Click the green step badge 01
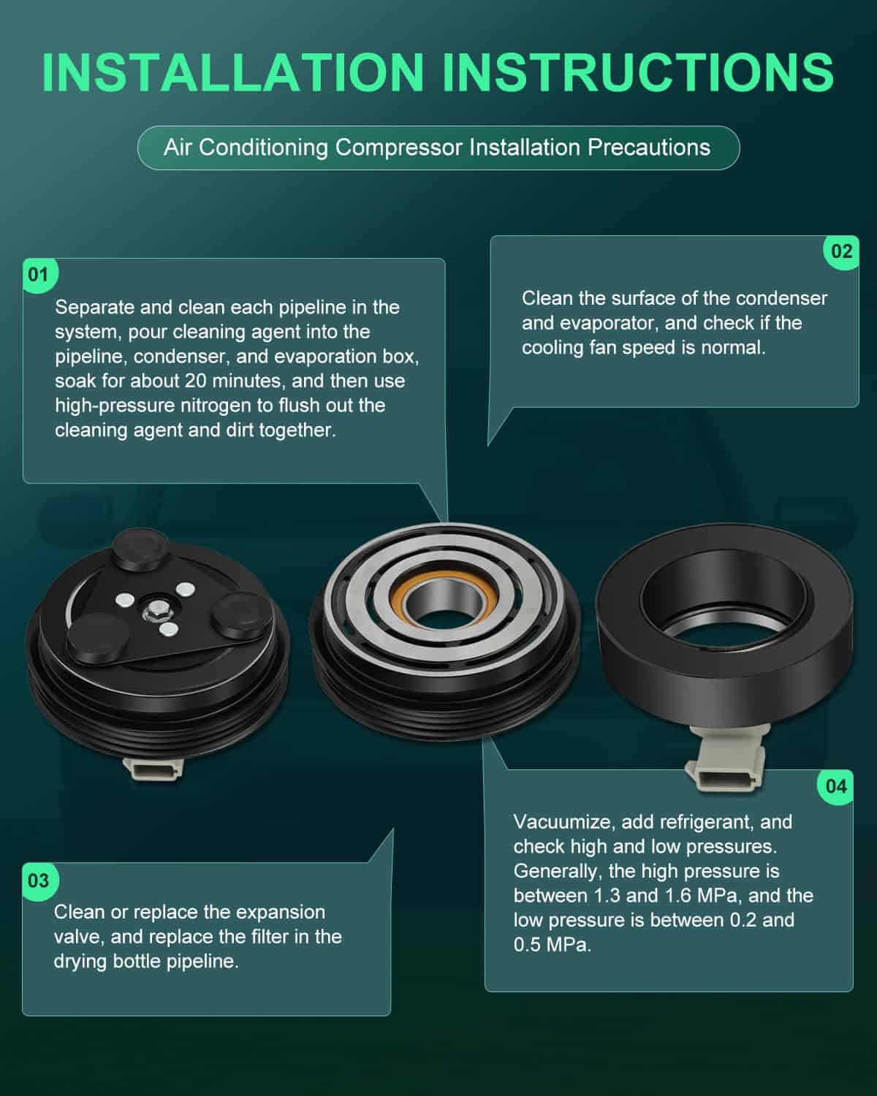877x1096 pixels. pyautogui.click(x=39, y=275)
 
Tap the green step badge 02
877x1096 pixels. pyautogui.click(x=841, y=251)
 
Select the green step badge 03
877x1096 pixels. pyautogui.click(x=39, y=880)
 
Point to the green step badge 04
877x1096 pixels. pyautogui.click(x=836, y=787)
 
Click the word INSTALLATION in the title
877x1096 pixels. pyautogui.click(x=233, y=72)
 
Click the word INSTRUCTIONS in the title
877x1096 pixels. pyautogui.click(x=638, y=72)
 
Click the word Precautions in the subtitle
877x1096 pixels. pyautogui.click(x=649, y=148)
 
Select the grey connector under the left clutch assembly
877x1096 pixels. pyautogui.click(x=152, y=767)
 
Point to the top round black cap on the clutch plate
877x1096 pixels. pyautogui.click(x=140, y=548)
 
